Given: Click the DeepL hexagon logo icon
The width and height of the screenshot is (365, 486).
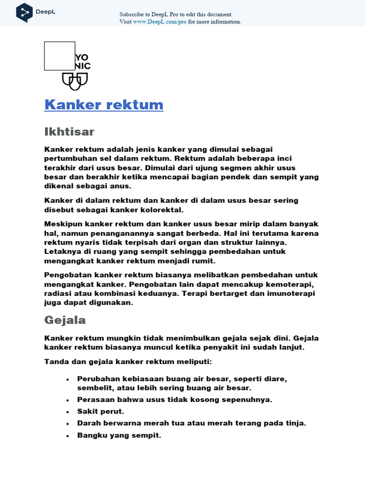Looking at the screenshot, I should click(x=25, y=12).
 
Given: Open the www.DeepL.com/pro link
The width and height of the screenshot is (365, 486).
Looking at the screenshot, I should click(x=160, y=22).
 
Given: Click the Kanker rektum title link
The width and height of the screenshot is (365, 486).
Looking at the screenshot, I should click(x=104, y=105).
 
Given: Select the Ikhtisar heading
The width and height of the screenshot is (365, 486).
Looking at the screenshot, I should click(x=69, y=131).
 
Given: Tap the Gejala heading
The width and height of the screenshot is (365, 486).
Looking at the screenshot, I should click(x=65, y=320).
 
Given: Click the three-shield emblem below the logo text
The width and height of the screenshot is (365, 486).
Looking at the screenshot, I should click(x=75, y=81).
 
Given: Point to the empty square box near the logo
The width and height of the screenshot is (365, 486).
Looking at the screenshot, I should click(x=59, y=56).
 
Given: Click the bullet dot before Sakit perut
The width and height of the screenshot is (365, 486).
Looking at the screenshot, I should click(x=68, y=411).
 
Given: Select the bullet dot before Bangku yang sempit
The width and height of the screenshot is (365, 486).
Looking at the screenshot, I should click(x=68, y=435).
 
